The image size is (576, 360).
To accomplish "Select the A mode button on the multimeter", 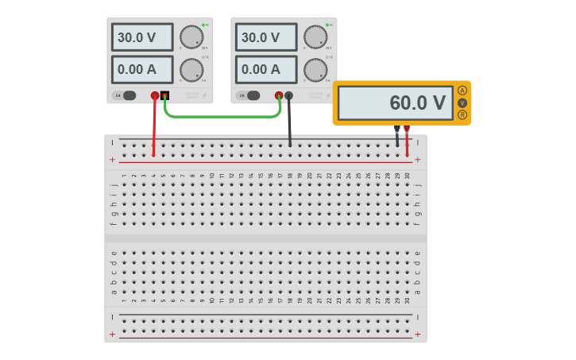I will (462, 91).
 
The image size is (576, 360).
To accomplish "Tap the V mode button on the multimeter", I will (462, 103).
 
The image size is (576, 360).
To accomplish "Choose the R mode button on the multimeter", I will (462, 114).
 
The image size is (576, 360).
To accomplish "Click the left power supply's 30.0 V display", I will (142, 37).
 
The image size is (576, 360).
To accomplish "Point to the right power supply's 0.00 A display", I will (265, 69).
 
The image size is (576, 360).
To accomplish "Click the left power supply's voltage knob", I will (191, 37).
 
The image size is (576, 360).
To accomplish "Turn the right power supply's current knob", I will (315, 70).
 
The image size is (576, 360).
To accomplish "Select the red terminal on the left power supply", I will (155, 95).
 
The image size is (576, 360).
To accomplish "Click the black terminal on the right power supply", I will (288, 96).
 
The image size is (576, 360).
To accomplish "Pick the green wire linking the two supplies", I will (222, 117).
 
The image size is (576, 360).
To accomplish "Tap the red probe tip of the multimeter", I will (407, 129).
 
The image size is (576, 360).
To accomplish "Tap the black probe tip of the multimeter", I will (397, 129).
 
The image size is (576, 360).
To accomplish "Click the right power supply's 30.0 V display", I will (265, 37).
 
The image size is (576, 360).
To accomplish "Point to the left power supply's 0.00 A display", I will (142, 69).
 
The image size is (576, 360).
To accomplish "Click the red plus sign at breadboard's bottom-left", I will (112, 335).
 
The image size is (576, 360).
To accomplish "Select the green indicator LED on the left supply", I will (203, 25).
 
